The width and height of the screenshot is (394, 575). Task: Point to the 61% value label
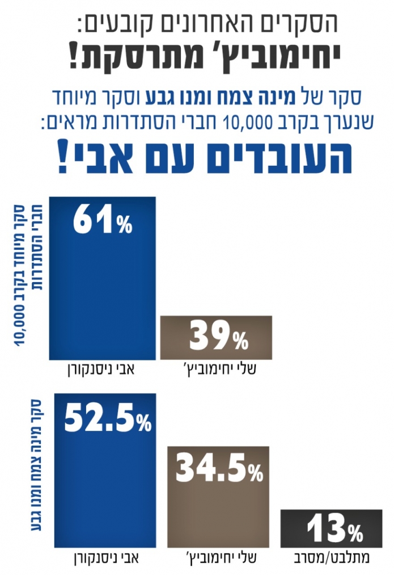point(102,222)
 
